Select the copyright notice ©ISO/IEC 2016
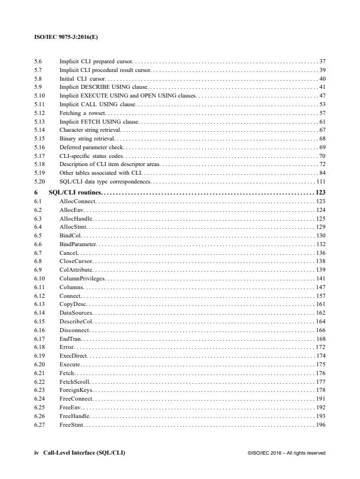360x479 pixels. [286, 453]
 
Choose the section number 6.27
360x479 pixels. [40, 426]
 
